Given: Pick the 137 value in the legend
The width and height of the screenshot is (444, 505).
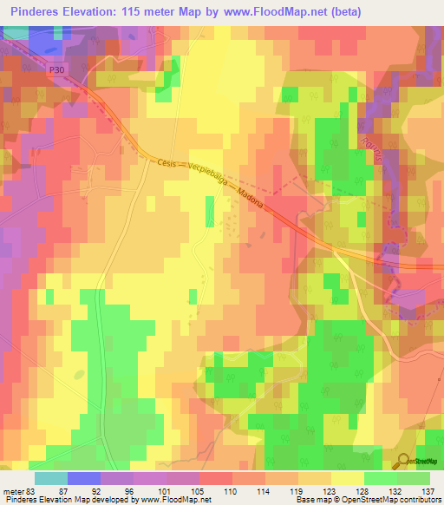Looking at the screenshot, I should [x=428, y=490].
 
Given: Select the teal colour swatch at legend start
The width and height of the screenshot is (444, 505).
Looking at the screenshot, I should [x=51, y=478].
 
